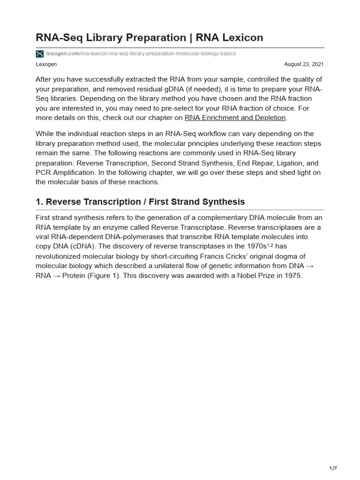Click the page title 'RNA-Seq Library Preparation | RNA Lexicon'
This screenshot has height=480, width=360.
(x=149, y=37)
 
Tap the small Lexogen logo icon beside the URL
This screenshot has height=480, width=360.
(x=39, y=54)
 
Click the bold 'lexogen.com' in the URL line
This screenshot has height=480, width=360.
(x=63, y=53)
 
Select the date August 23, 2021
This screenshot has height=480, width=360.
(x=304, y=64)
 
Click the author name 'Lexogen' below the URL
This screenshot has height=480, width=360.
(x=46, y=64)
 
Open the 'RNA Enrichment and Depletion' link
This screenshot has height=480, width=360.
(x=235, y=118)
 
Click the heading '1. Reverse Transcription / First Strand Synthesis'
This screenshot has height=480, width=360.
(x=140, y=202)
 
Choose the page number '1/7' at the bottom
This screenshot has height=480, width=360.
(x=333, y=468)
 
